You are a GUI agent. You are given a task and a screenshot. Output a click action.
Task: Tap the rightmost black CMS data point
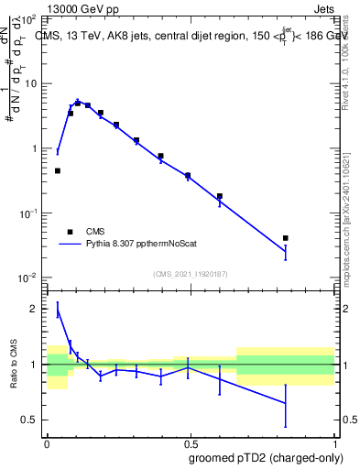click(x=286, y=238)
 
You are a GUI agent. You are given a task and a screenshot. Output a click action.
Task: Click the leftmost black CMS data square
click(x=58, y=170)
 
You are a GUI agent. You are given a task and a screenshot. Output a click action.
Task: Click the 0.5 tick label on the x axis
click(x=190, y=442)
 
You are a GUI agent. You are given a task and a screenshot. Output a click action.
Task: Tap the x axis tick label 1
click(x=334, y=442)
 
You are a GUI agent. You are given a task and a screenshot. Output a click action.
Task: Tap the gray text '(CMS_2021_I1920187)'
click(x=190, y=274)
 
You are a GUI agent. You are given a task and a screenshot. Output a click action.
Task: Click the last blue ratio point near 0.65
click(x=286, y=403)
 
